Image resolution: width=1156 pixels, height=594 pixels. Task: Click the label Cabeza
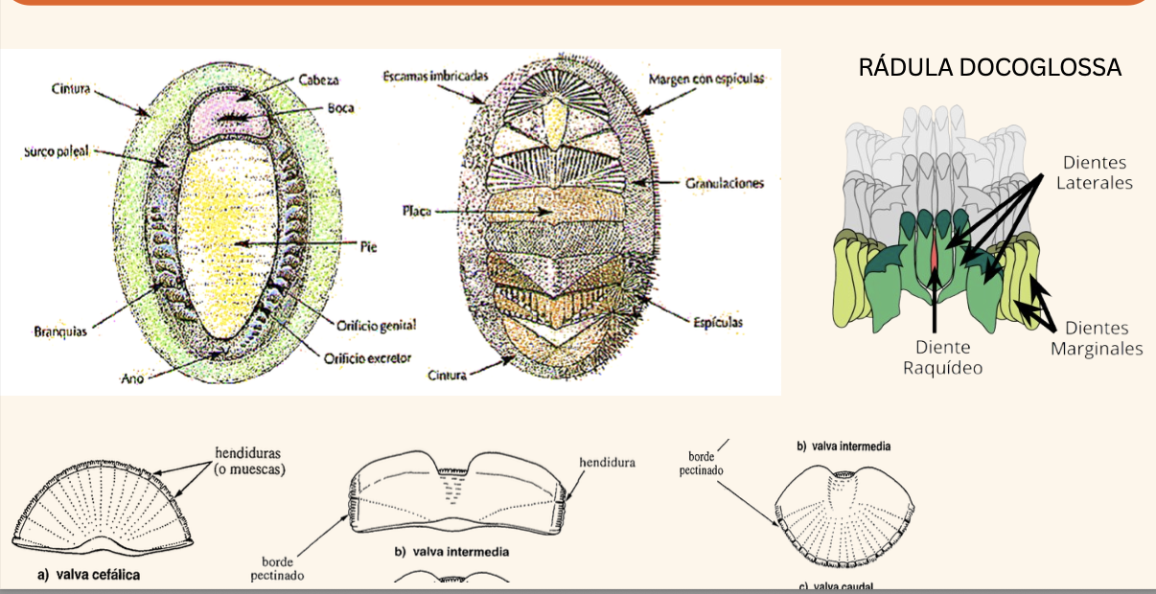click(x=319, y=80)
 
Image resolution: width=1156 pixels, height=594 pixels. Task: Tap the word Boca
click(x=339, y=108)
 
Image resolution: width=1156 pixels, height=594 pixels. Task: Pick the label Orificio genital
click(x=370, y=325)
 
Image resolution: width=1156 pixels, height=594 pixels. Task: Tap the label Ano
click(x=132, y=379)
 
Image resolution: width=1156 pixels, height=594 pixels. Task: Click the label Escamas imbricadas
click(x=436, y=76)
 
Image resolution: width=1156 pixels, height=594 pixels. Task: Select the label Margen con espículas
click(x=706, y=79)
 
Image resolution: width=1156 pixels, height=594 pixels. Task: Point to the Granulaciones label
click(x=725, y=182)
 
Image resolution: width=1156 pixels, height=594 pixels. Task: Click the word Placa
click(x=416, y=211)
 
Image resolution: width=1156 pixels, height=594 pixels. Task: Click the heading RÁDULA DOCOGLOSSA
click(x=989, y=67)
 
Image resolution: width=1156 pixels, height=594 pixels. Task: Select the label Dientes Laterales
click(x=1095, y=172)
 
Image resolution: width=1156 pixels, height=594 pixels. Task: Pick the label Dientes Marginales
click(x=1097, y=338)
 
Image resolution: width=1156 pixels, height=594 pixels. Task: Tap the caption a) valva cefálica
click(x=89, y=575)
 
